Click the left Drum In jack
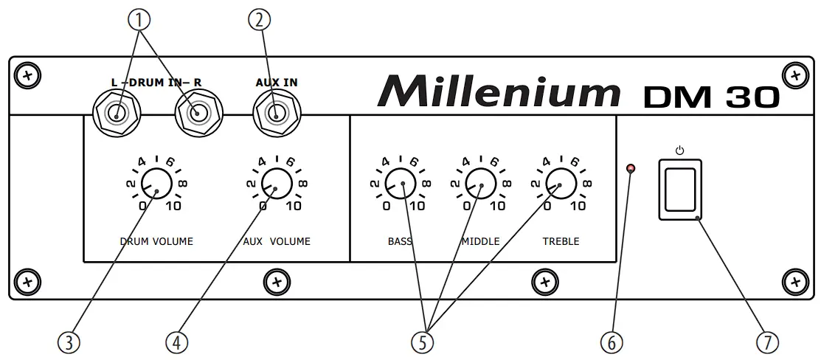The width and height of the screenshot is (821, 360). (x=116, y=114)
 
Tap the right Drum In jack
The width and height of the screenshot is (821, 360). (x=198, y=114)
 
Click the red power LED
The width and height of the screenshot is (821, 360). (x=631, y=171)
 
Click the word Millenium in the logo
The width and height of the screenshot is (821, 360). (x=499, y=91)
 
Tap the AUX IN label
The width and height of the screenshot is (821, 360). (x=277, y=83)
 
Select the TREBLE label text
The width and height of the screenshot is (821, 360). (x=561, y=241)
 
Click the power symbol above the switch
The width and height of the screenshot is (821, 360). (x=679, y=150)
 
